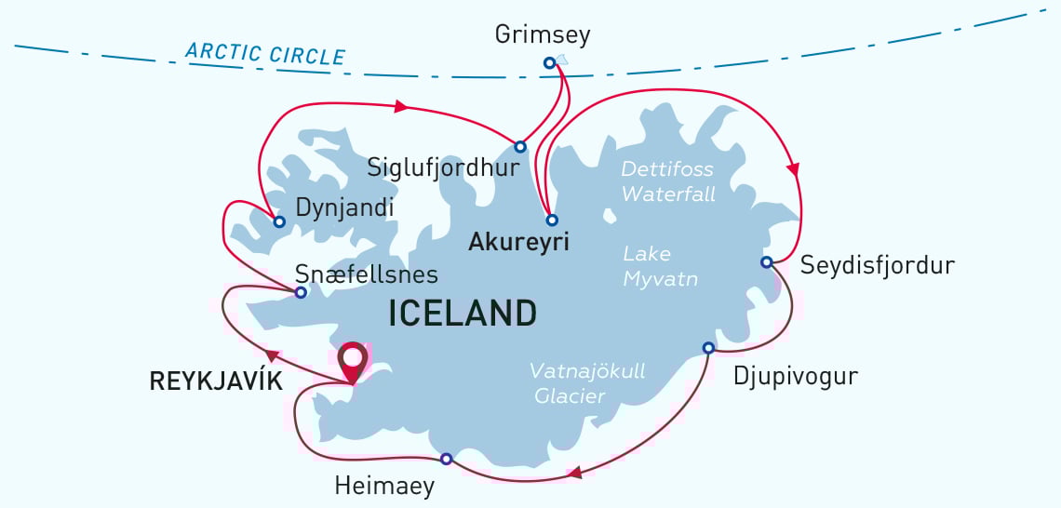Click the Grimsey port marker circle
(549, 63)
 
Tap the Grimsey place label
(543, 35)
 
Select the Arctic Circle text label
(265, 52)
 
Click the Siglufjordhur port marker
(520, 147)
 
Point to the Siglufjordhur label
(442, 169)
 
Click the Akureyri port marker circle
(552, 221)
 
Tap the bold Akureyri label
(518, 243)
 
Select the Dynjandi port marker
(279, 221)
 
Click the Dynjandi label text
(344, 208)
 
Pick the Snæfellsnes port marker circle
(301, 292)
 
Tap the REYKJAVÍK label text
(216, 381)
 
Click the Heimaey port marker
(446, 459)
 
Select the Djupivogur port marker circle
(708, 348)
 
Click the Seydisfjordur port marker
(766, 262)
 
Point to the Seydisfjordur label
(877, 266)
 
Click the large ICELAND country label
(463, 313)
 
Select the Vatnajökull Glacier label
(586, 383)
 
